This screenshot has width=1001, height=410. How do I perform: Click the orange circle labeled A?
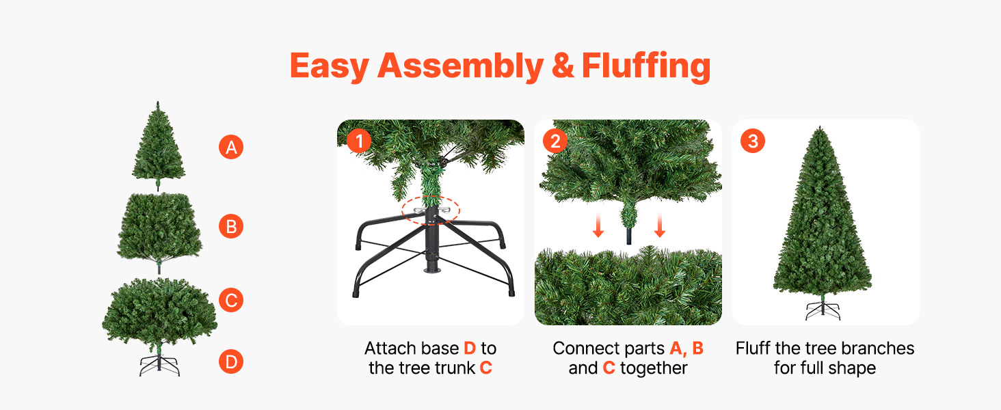[x=231, y=147]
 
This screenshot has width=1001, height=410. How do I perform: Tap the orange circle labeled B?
[x=231, y=226]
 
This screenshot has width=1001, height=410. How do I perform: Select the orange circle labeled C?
[x=231, y=300]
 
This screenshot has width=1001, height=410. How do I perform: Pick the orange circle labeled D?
[x=231, y=361]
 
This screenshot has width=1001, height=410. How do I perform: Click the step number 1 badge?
[x=359, y=141]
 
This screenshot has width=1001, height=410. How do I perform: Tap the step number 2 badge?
[x=555, y=141]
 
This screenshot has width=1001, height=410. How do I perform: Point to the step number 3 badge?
[x=753, y=141]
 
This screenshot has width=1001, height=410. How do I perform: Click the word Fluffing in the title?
[x=645, y=66]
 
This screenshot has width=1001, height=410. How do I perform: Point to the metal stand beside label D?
[x=159, y=366]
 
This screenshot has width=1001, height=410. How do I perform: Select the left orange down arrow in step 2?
[x=598, y=225]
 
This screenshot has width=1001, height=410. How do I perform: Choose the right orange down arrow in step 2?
[x=660, y=225]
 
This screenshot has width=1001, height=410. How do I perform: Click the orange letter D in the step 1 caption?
[x=470, y=348]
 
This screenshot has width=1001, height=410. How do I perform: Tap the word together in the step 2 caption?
[x=654, y=368]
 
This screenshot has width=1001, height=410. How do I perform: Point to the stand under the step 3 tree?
[x=823, y=310]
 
